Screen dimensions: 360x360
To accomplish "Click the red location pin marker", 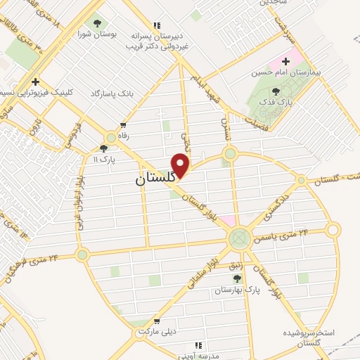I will click(181, 165).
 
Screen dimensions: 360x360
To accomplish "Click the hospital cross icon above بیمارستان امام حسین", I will click(285, 61).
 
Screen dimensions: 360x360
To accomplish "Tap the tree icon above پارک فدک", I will click(275, 91).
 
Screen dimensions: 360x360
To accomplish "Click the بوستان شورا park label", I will click(96, 35).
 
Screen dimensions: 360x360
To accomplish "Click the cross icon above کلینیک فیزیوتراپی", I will click(35, 82).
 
